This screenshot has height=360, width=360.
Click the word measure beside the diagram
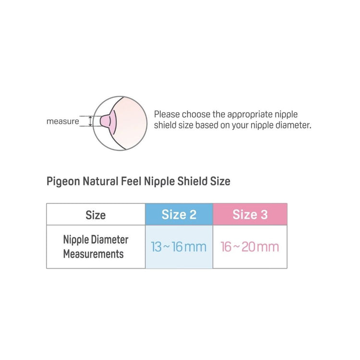(62, 121)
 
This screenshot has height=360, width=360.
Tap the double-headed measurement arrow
(90, 121)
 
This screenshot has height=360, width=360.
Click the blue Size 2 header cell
(179, 214)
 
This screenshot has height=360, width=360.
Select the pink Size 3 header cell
(250, 214)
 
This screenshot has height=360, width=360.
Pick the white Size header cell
(96, 215)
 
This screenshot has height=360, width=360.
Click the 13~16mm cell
(179, 247)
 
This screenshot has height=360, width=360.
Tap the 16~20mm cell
(250, 247)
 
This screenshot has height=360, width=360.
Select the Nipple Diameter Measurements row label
(96, 247)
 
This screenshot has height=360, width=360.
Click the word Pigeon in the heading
(63, 182)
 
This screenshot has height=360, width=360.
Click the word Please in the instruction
(168, 115)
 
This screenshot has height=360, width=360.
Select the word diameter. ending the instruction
(294, 126)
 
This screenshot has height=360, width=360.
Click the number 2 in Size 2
(192, 215)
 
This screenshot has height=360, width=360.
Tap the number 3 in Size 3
(264, 215)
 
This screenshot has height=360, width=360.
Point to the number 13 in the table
(156, 247)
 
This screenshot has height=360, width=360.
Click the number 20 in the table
(248, 247)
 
